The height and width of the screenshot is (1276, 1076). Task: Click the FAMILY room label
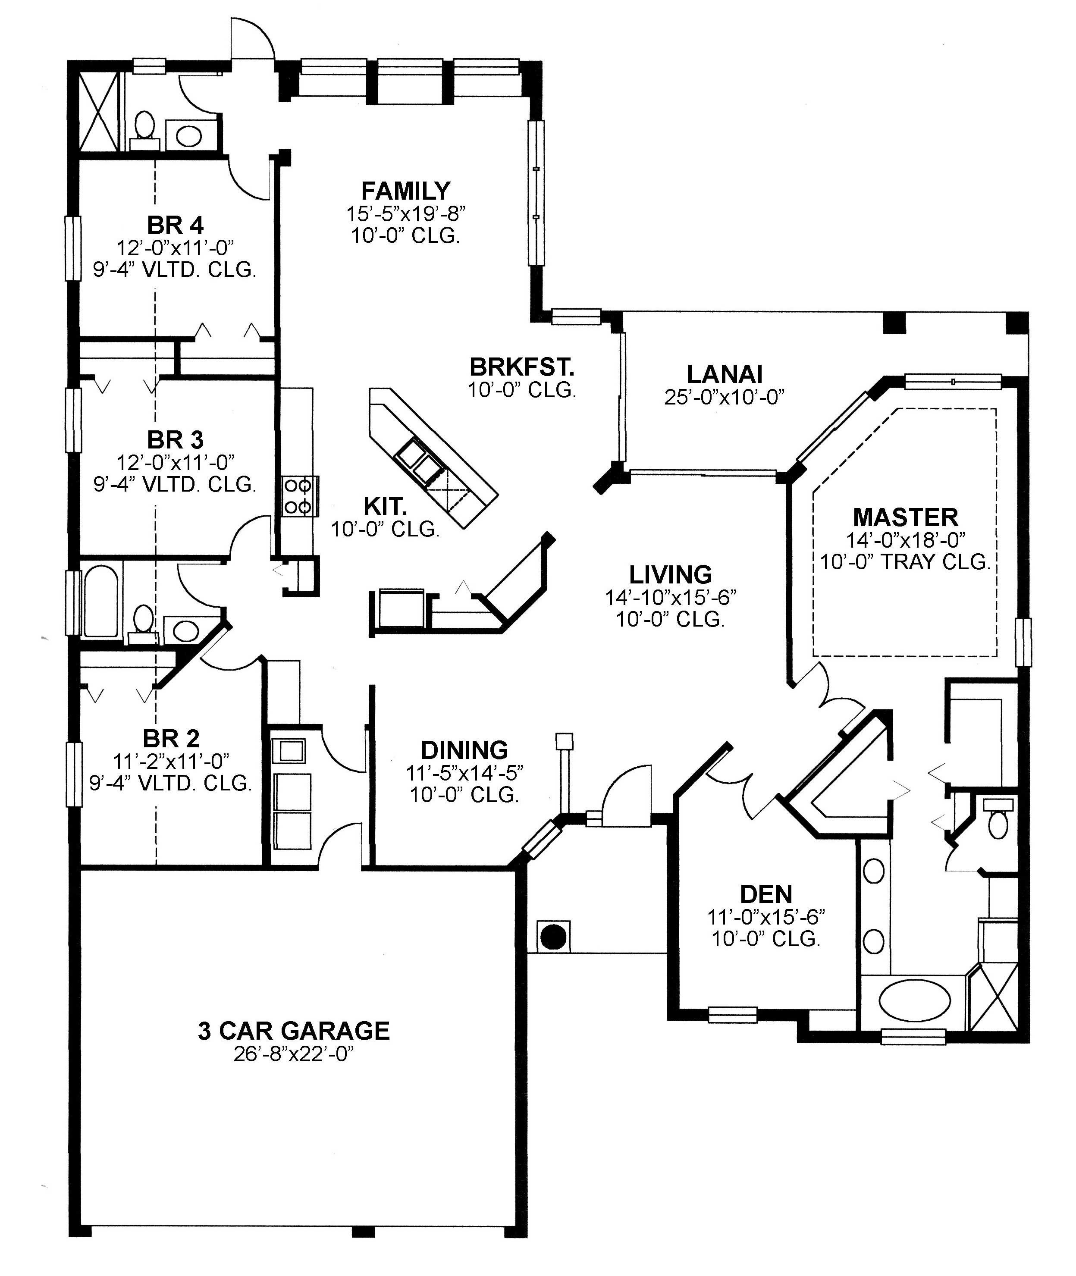click(406, 191)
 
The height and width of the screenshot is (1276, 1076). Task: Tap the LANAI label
click(725, 374)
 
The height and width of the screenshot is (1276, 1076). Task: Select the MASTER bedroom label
click(905, 517)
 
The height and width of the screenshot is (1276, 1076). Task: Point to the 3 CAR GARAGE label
click(293, 1031)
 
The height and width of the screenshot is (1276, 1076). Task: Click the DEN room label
click(766, 894)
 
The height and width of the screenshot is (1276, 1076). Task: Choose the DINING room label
click(464, 749)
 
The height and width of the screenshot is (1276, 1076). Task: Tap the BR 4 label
click(175, 225)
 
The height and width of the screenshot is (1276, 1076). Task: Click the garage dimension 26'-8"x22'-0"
click(293, 1054)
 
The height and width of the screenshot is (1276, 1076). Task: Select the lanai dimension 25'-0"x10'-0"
click(725, 397)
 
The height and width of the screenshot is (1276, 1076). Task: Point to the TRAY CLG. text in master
click(933, 562)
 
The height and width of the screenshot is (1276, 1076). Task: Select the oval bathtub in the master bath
click(914, 1001)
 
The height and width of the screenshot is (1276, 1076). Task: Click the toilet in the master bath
click(998, 821)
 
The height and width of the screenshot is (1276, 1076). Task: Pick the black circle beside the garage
click(554, 936)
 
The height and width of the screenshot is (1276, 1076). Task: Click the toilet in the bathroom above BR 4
click(144, 127)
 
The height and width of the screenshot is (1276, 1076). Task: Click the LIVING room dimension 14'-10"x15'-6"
click(670, 597)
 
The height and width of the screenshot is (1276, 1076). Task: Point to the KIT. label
click(385, 506)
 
